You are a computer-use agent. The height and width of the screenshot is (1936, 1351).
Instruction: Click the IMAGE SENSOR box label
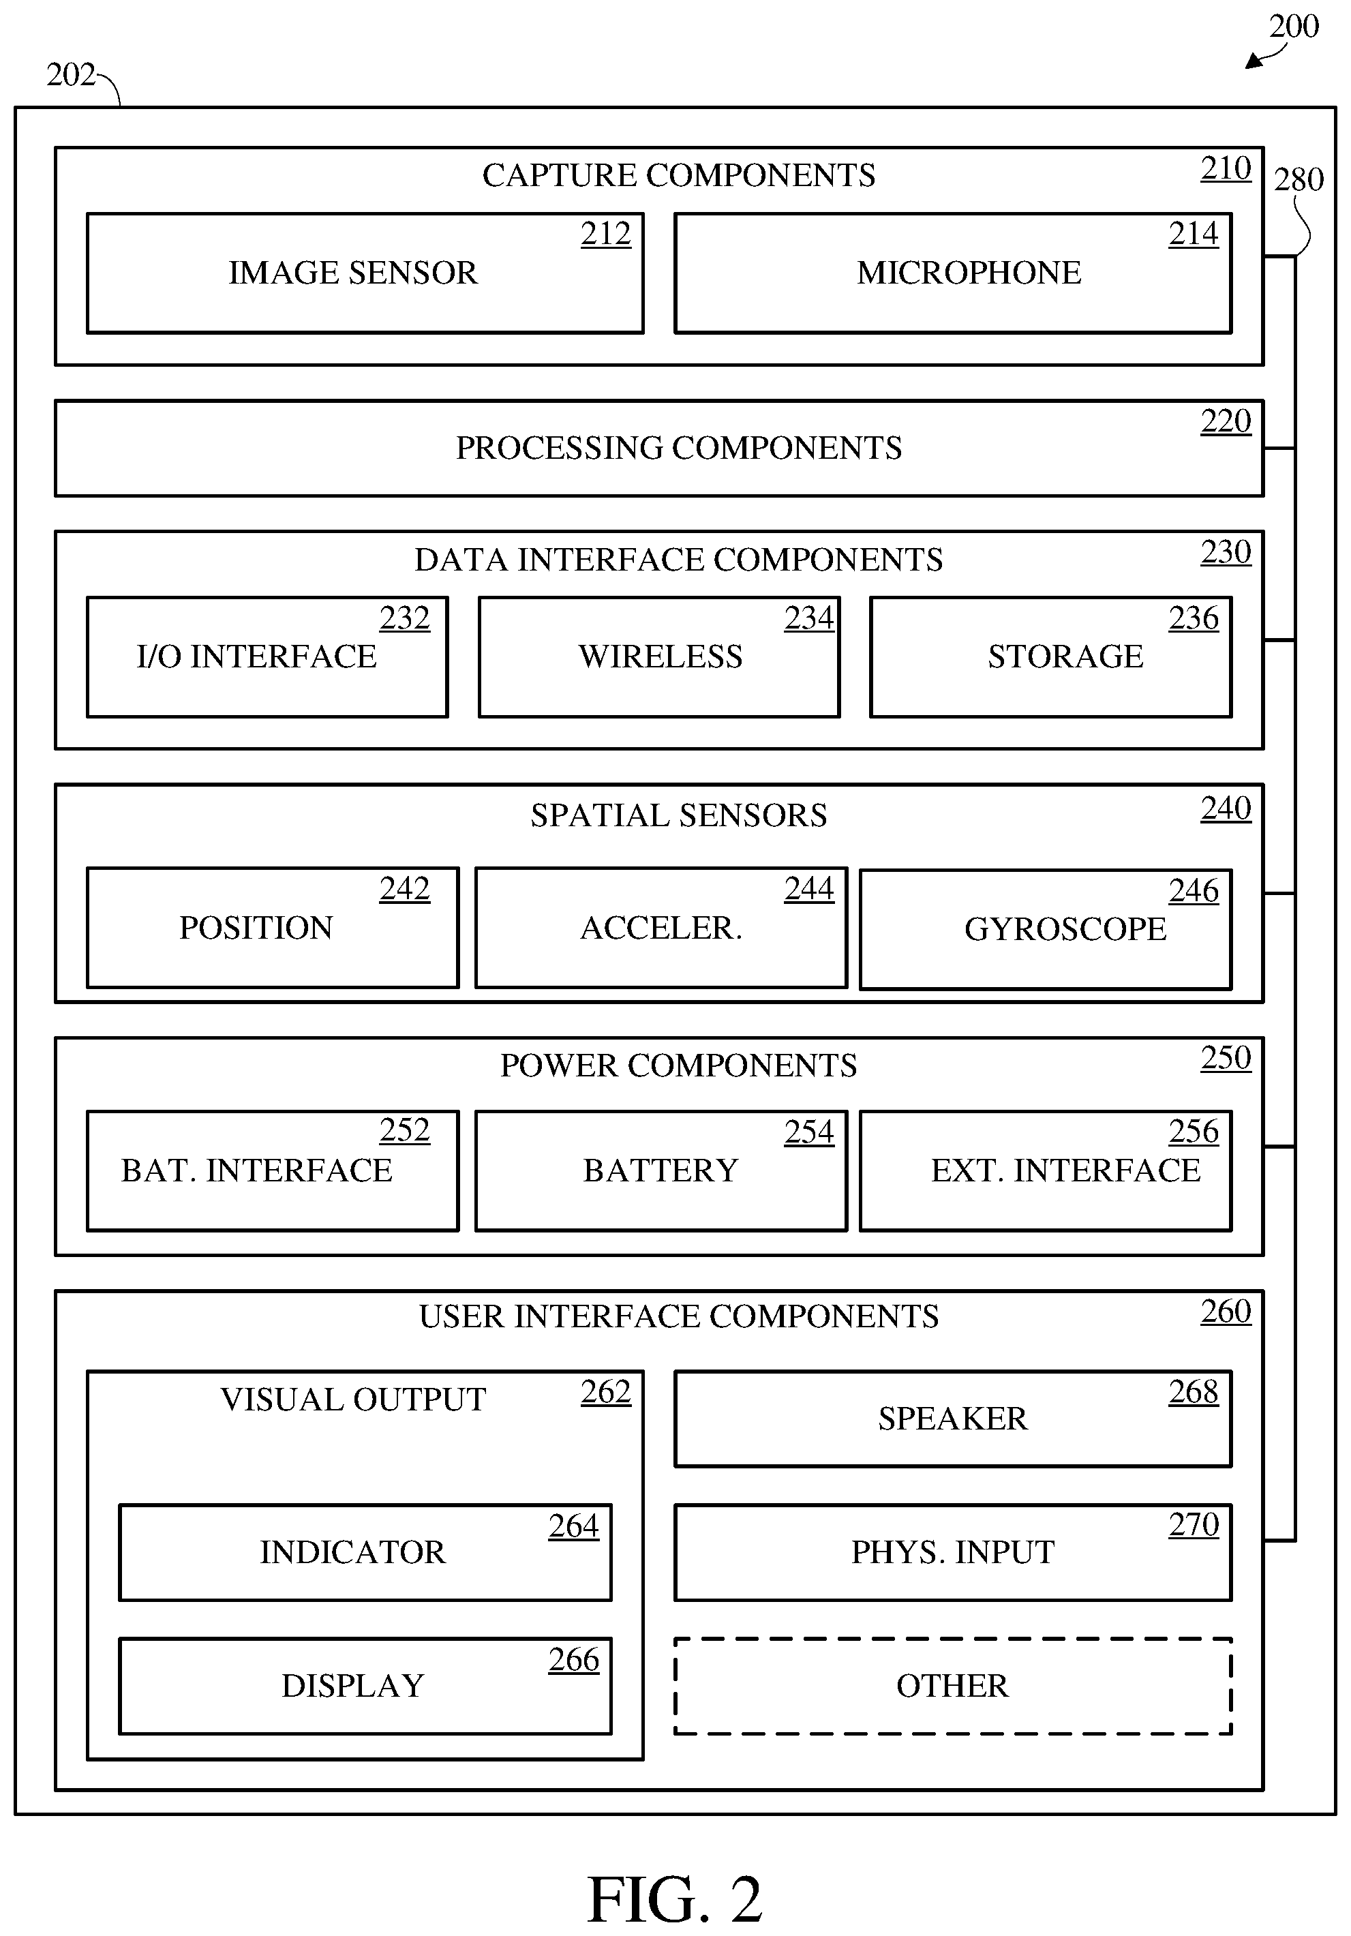pyautogui.click(x=352, y=273)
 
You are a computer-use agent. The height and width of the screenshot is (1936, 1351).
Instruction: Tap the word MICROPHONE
pyautogui.click(x=969, y=273)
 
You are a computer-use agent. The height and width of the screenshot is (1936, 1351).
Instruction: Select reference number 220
pyautogui.click(x=1226, y=421)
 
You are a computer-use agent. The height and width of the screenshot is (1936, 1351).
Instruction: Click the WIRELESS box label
pyautogui.click(x=661, y=656)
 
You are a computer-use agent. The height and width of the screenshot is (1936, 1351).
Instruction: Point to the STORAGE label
pyautogui.click(x=1065, y=656)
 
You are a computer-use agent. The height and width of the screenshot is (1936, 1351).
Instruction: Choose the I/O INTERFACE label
pyautogui.click(x=256, y=656)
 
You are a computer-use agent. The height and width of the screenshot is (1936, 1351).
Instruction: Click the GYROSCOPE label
pyautogui.click(x=1065, y=928)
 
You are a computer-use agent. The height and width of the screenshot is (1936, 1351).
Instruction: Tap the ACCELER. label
pyautogui.click(x=661, y=928)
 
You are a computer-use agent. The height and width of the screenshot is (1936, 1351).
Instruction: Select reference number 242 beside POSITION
pyautogui.click(x=405, y=889)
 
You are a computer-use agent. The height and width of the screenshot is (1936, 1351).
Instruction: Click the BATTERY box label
pyautogui.click(x=661, y=1170)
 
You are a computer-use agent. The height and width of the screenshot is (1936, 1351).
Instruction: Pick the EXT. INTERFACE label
pyautogui.click(x=1065, y=1170)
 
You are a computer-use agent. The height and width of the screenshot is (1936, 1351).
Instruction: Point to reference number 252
pyautogui.click(x=405, y=1130)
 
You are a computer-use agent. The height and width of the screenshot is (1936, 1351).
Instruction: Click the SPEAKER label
pyautogui.click(x=953, y=1419)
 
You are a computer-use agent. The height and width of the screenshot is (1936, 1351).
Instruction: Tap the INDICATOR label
pyautogui.click(x=352, y=1552)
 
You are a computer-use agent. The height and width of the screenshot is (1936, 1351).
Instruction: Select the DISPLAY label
pyautogui.click(x=352, y=1686)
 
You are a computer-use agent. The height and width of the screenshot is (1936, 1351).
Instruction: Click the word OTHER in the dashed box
pyautogui.click(x=952, y=1686)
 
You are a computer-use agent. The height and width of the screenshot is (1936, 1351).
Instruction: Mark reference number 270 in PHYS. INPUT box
pyautogui.click(x=1194, y=1524)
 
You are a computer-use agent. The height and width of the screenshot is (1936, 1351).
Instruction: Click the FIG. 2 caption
pyautogui.click(x=675, y=1899)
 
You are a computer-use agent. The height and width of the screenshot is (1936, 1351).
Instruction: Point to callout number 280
pyautogui.click(x=1299, y=179)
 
